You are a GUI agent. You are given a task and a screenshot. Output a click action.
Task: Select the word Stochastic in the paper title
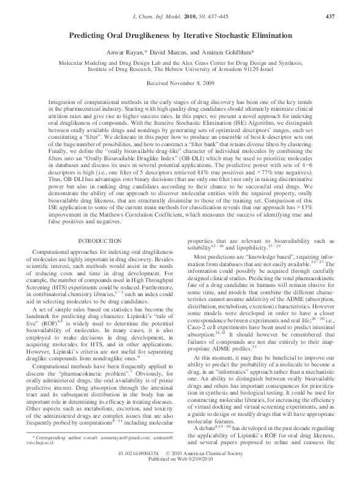243,36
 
